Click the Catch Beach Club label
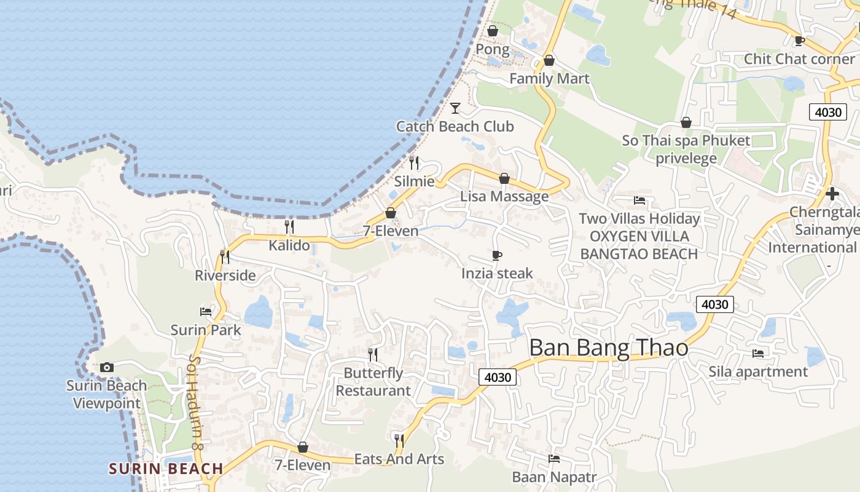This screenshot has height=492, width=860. tap(455, 127)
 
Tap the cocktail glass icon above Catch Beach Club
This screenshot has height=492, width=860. tap(455, 108)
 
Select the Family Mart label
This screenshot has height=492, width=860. tap(549, 79)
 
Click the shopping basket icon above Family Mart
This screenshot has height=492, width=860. tap(549, 60)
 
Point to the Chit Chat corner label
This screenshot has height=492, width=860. tap(799, 59)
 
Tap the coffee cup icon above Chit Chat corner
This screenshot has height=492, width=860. tap(799, 41)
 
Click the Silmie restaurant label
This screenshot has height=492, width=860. tap(414, 181)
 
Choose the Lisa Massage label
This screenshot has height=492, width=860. tap(504, 196)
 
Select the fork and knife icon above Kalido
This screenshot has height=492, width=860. tap(289, 227)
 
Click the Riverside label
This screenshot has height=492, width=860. tap(225, 276)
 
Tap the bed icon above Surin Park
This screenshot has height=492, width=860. tap(206, 312)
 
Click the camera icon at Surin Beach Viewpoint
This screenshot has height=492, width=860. tap(107, 368)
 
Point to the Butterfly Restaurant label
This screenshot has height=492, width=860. tap(373, 382)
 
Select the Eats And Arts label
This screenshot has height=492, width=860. tap(399, 459)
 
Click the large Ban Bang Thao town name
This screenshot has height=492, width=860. tap(608, 348)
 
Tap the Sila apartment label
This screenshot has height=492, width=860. tap(758, 371)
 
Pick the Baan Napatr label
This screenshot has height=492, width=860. tap(554, 477)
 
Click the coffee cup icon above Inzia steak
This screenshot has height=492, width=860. tap(497, 255)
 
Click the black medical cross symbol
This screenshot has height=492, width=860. tap(832, 194)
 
